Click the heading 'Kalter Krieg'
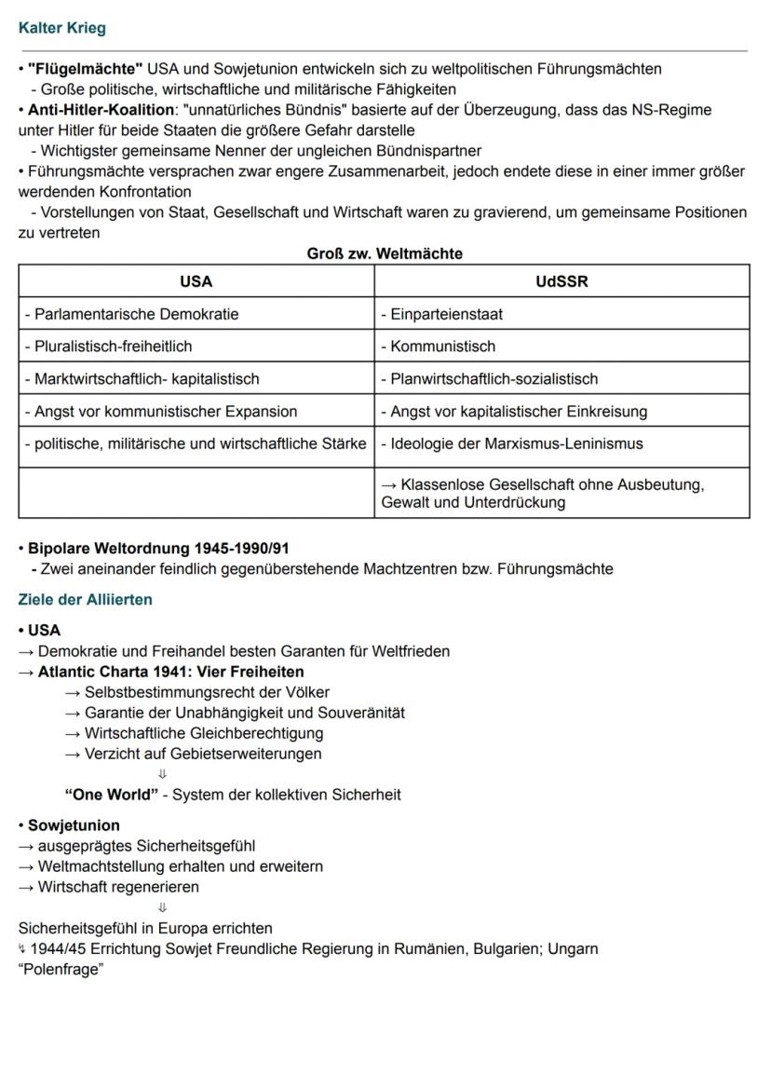[61, 28]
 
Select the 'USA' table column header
[196, 281]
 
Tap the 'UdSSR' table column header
[561, 281]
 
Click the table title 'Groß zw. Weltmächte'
[385, 253]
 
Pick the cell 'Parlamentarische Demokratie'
[131, 314]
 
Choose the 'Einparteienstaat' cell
[441, 314]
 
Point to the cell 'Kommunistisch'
[438, 347]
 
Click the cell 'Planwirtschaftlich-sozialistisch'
[489, 379]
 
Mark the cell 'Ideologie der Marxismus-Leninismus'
[511, 443]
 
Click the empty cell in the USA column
[196, 493]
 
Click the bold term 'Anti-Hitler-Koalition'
[101, 110]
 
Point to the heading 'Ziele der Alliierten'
[85, 600]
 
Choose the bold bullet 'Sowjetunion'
[74, 825]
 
